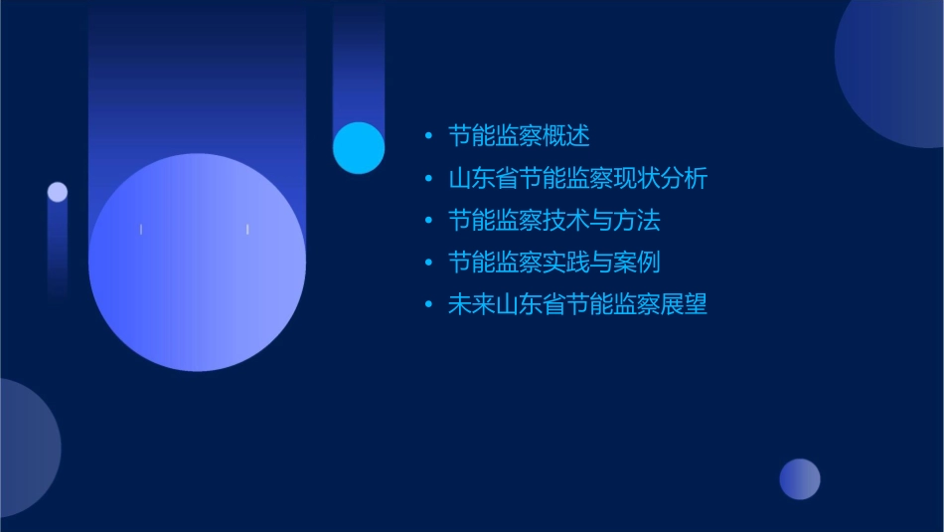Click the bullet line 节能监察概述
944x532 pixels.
[519, 136]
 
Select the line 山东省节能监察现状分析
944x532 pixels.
[577, 179]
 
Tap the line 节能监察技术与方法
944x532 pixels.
[553, 220]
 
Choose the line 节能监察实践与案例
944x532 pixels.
[553, 263]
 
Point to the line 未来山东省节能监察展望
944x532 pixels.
[577, 304]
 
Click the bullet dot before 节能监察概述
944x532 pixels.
[428, 136]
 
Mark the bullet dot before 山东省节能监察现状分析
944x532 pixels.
[428, 179]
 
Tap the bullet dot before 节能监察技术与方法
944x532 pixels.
[428, 221]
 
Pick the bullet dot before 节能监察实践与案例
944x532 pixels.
[428, 263]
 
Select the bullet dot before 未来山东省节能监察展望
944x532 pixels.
[428, 305]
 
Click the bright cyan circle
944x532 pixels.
[359, 147]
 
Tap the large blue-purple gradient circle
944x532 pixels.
[197, 262]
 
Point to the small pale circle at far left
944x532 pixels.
[58, 192]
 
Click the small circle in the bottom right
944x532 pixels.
[800, 479]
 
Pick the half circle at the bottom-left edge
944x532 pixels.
[25, 447]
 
